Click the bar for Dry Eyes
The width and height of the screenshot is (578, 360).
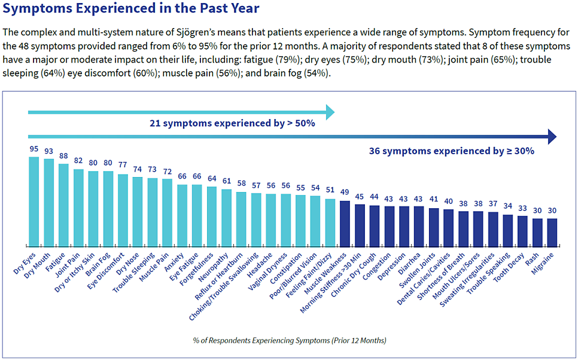tap(34, 202)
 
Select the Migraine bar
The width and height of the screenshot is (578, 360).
tap(552, 232)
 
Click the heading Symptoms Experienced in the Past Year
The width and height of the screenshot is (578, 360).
tap(131, 8)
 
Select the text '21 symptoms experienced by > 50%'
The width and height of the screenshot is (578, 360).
tap(232, 124)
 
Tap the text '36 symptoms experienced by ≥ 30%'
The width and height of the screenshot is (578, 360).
tap(452, 151)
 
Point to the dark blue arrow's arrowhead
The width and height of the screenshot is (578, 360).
tap(551, 137)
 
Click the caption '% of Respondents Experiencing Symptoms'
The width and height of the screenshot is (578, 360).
tap(289, 340)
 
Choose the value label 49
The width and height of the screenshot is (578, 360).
tap(345, 192)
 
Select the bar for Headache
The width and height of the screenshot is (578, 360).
tap(271, 219)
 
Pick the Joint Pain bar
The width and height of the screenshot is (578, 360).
tap(78, 208)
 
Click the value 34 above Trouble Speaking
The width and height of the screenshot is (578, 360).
tap(507, 206)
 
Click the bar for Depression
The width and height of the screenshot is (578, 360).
tap(404, 226)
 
